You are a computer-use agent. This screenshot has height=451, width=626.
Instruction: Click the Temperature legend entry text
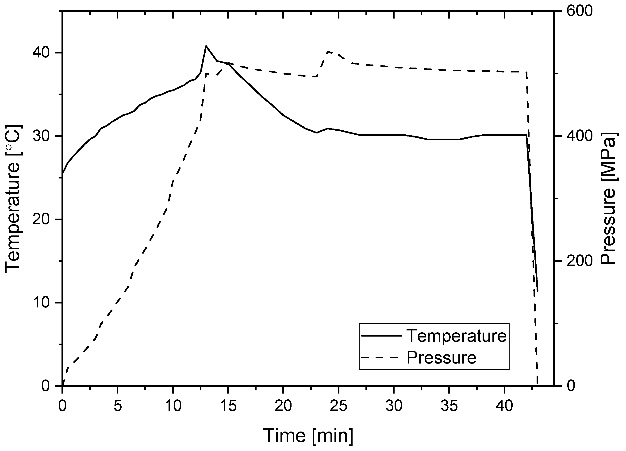click(457, 336)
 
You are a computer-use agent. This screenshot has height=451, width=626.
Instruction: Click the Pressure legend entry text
click(441, 357)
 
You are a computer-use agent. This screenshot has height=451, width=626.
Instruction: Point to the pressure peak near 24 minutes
click(328, 52)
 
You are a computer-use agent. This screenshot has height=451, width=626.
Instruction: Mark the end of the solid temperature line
click(538, 291)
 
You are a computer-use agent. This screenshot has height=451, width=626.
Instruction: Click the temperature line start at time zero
click(63, 174)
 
